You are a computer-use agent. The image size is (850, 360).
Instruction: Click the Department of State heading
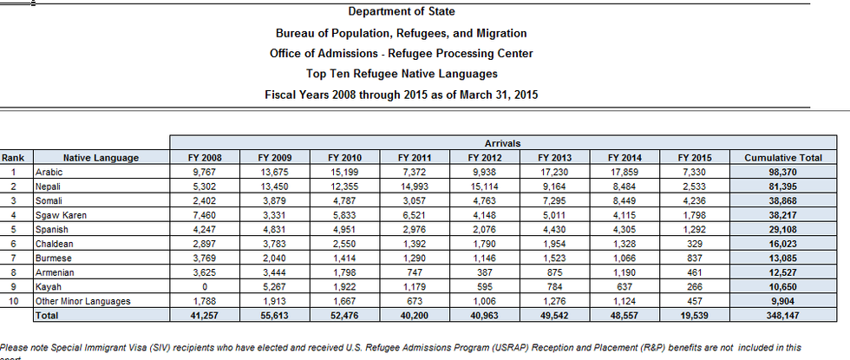click(401, 12)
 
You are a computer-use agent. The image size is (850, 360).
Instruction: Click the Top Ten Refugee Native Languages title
click(401, 74)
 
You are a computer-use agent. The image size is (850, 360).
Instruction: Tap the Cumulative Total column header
click(783, 158)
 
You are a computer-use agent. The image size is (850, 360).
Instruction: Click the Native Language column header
click(101, 158)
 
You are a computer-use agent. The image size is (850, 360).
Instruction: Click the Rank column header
click(13, 158)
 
